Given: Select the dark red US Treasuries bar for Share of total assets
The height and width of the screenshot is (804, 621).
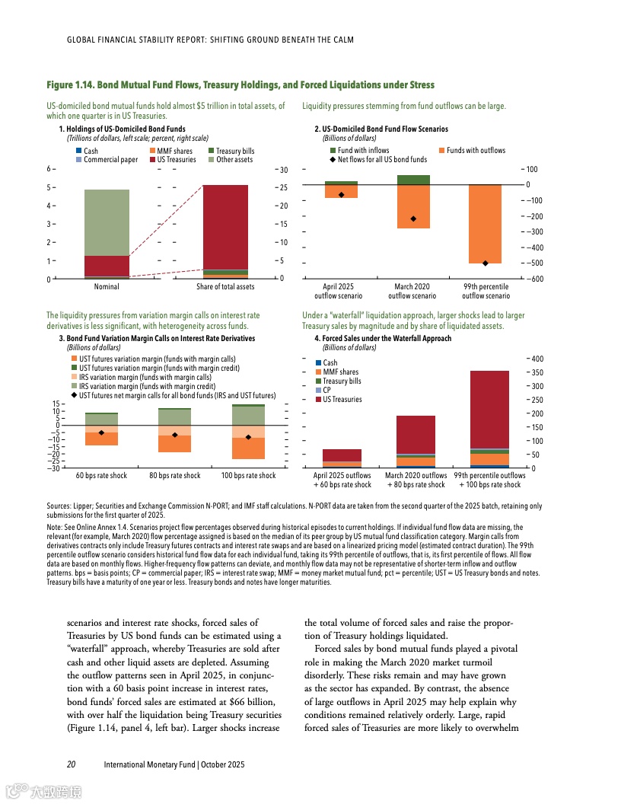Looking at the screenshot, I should point(225,227).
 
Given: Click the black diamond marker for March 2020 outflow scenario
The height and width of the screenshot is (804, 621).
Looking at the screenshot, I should point(413,219).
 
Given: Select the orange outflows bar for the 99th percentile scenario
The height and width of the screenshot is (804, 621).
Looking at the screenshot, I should point(485,224).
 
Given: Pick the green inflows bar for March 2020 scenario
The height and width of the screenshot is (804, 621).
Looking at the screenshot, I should point(413,180).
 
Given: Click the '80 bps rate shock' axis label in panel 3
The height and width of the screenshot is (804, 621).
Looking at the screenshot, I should point(175,476).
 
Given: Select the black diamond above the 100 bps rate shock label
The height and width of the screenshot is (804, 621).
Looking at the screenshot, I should point(248,437).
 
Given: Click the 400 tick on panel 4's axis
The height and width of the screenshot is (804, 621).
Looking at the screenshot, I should point(537,359).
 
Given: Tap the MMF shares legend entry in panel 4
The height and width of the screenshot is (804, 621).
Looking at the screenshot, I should point(340,372).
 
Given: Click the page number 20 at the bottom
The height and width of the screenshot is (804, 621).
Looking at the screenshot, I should point(71,764).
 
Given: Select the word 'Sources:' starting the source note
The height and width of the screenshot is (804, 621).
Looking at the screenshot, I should point(59,506).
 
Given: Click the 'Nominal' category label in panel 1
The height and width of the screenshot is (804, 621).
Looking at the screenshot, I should point(107,287).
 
